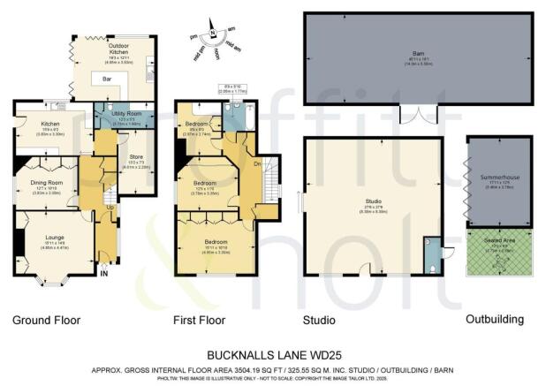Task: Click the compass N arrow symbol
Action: coord(211,34)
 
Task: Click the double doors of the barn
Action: coord(418,114)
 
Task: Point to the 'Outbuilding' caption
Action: coord(495,319)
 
